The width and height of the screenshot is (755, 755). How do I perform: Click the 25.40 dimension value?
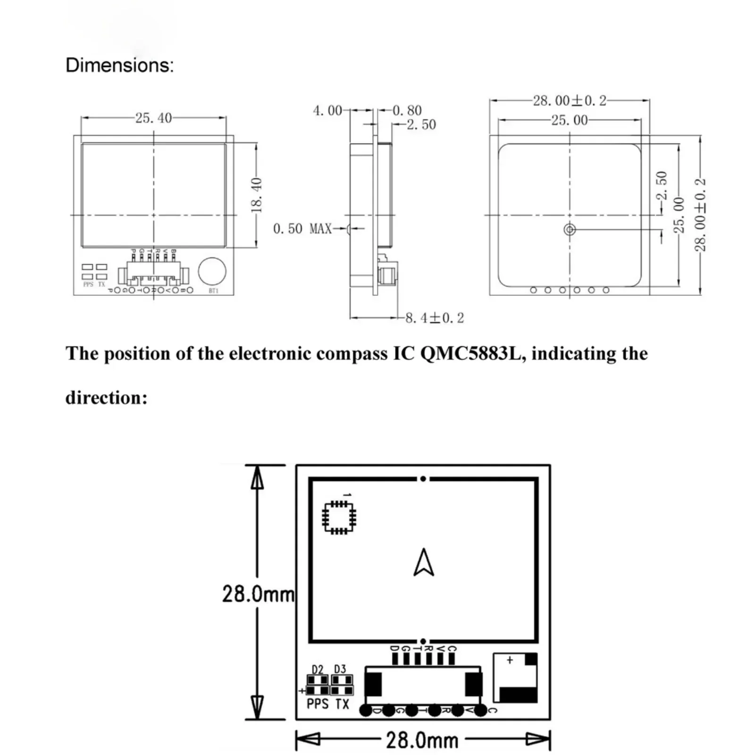coord(153,118)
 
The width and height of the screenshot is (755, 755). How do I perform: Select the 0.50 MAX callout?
coord(302,229)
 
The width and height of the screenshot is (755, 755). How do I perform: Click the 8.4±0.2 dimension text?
coord(435,318)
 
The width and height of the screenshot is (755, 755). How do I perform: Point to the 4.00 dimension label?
coord(327,111)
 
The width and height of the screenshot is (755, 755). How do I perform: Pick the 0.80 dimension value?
coord(407,111)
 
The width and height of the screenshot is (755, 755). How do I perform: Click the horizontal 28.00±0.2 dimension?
coord(570,101)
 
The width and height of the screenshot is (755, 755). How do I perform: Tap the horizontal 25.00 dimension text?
coord(570,120)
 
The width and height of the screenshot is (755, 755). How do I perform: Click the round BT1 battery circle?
coord(212,271)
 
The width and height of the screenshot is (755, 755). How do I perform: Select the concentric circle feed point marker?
coord(570,230)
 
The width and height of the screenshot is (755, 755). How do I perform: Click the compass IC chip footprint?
coord(339,518)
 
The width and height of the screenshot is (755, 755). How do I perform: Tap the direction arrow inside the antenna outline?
coord(423,562)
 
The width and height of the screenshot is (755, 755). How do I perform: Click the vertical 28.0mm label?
coord(258,594)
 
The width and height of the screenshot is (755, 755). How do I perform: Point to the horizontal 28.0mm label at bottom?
coord(422,740)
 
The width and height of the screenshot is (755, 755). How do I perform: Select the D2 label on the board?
coord(318,669)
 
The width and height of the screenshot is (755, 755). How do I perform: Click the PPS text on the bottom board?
coord(317,704)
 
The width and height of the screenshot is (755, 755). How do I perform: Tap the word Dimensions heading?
coord(119,65)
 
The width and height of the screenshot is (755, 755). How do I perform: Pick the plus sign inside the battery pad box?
coord(510,660)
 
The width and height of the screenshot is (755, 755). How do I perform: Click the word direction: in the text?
coord(107,397)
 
